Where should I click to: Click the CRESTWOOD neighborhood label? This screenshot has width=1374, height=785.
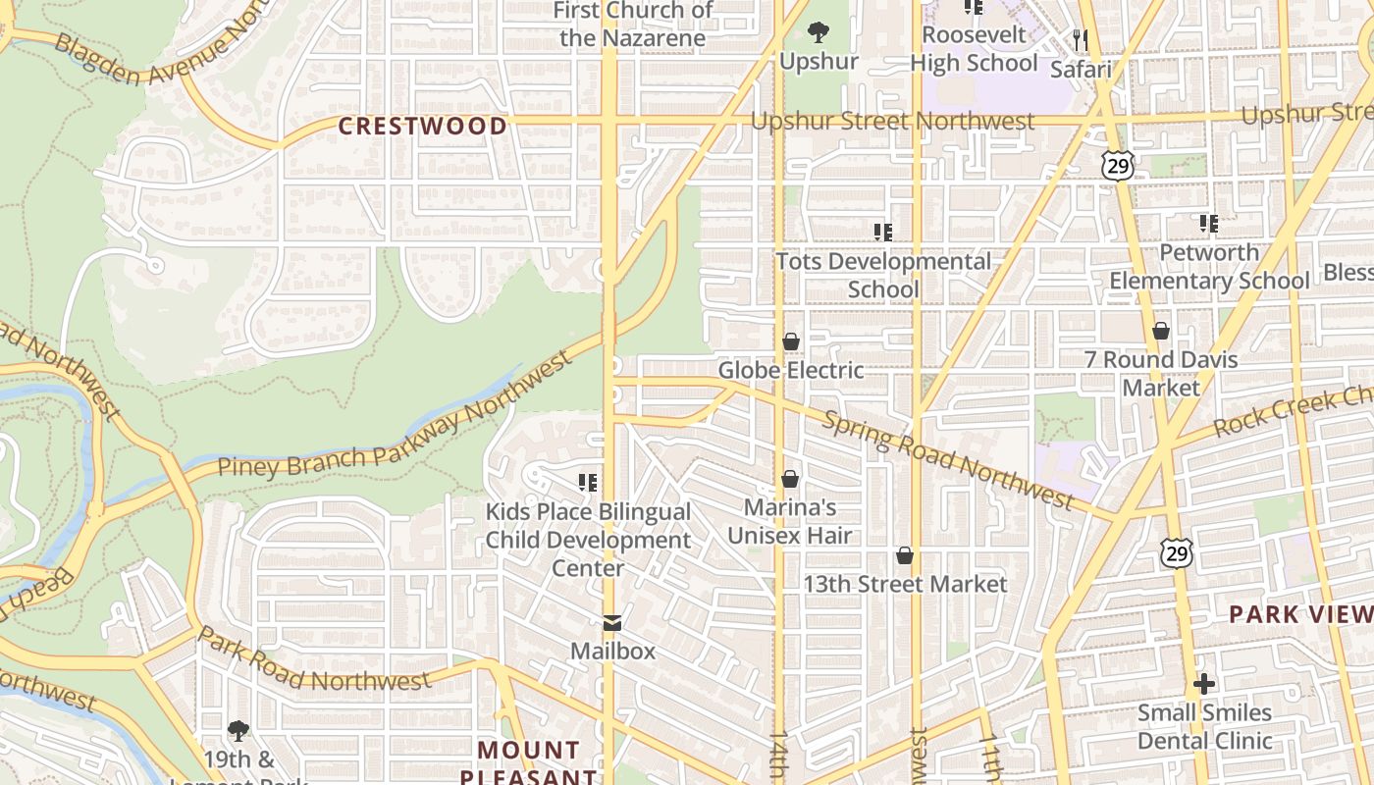[423, 126]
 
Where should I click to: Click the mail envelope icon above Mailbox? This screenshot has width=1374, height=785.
[612, 623]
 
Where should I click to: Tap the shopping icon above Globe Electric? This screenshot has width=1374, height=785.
[791, 341]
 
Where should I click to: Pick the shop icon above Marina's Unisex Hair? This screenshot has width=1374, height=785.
[790, 479]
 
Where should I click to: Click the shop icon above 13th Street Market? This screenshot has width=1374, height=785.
[905, 556]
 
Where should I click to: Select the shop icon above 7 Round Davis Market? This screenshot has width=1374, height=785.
[1161, 331]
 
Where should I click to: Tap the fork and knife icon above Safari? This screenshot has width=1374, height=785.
[1081, 40]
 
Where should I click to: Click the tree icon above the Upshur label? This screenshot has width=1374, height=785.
[819, 33]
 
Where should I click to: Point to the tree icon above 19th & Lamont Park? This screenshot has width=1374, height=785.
[238, 730]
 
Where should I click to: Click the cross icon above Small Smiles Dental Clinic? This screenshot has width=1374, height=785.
[1204, 684]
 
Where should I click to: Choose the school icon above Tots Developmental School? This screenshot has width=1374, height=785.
[883, 233]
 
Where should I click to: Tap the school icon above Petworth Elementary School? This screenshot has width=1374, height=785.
[1209, 224]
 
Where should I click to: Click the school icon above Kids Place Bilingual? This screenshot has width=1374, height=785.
[588, 482]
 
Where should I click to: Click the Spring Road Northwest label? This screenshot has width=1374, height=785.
[947, 458]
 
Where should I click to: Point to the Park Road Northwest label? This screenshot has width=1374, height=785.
[314, 664]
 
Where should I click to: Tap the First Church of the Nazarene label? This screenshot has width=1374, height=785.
[633, 25]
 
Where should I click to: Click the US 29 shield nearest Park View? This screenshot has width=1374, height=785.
[1177, 552]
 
